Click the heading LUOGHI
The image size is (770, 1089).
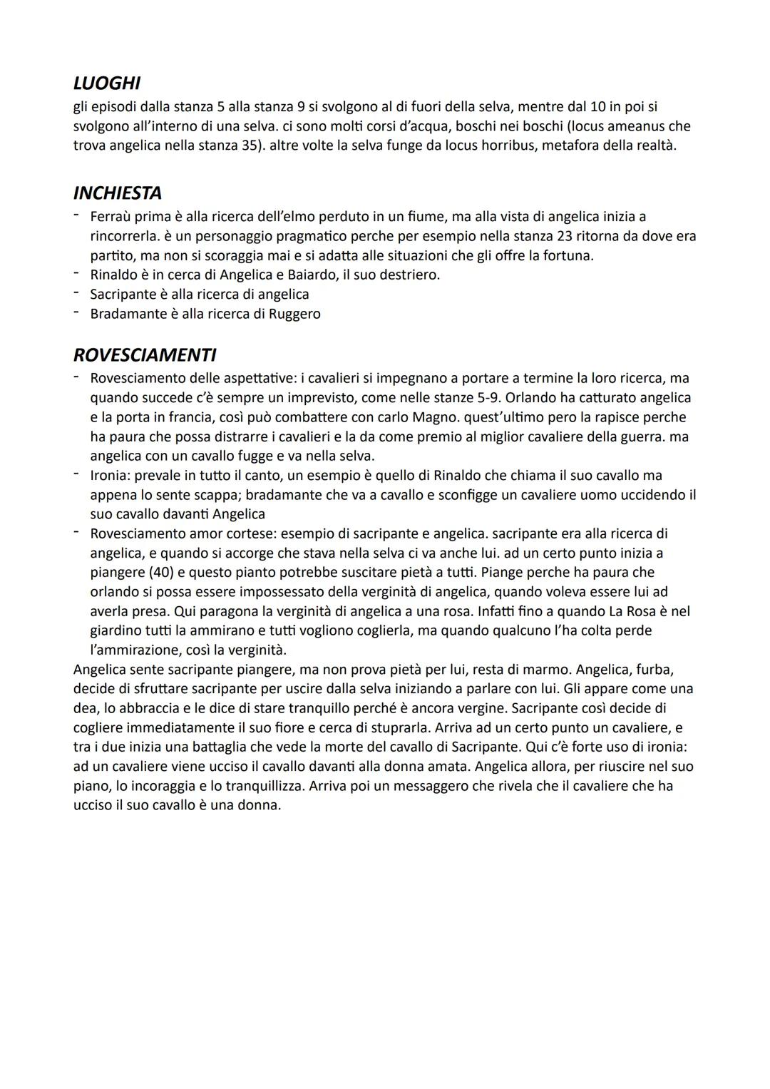106,83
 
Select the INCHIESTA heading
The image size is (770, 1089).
117,193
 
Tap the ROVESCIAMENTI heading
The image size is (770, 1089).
145,354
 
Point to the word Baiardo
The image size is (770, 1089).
307,275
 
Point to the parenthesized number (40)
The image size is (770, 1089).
170,573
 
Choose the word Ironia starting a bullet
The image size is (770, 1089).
112,476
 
